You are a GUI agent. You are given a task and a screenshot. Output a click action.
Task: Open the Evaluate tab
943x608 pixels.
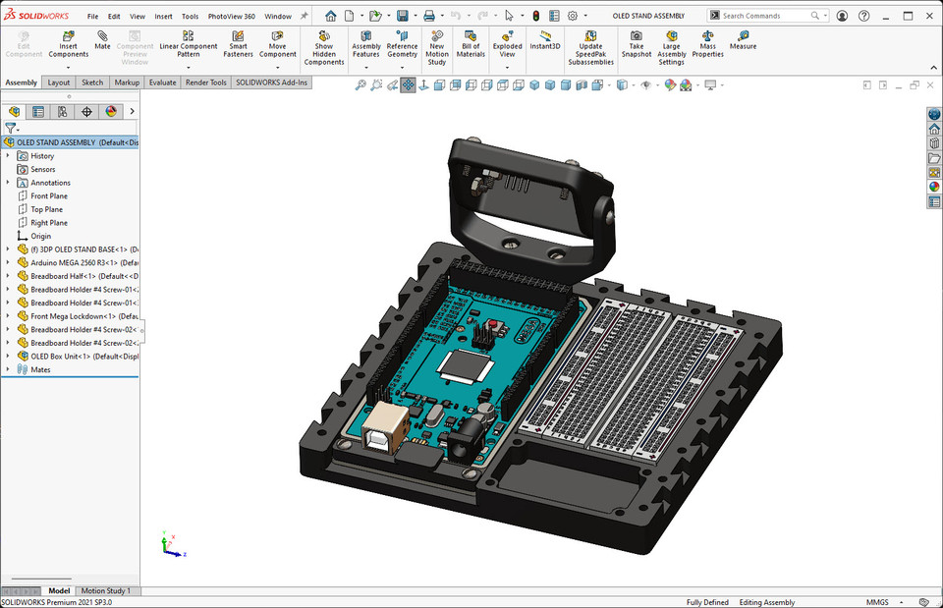pyautogui.click(x=162, y=83)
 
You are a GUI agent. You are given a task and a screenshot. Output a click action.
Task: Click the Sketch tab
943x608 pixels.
pyautogui.click(x=92, y=83)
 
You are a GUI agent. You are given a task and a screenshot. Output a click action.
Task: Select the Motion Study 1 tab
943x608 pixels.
pyautogui.click(x=105, y=590)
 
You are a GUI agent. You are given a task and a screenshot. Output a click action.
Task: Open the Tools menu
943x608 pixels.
pyautogui.click(x=190, y=17)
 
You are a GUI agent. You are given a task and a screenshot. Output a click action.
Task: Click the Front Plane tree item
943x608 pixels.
pyautogui.click(x=49, y=196)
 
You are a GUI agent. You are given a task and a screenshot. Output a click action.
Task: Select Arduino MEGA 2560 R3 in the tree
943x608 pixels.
pyautogui.click(x=73, y=263)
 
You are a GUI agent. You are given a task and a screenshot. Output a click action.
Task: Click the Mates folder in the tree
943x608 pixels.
pyautogui.click(x=40, y=370)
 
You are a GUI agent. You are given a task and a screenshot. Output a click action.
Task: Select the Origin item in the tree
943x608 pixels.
pyautogui.click(x=40, y=237)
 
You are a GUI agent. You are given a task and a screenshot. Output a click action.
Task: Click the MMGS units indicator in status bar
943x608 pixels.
pyautogui.click(x=876, y=602)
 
